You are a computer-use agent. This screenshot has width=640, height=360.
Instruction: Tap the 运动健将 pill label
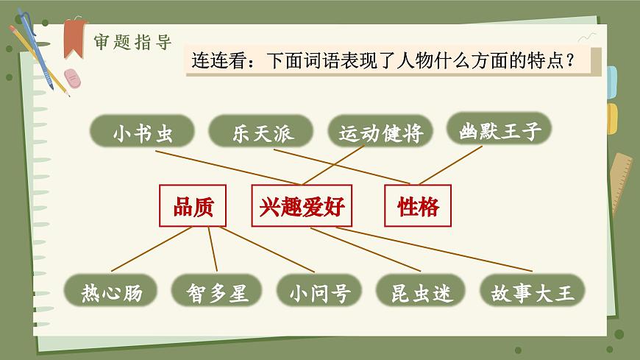(x=380, y=134)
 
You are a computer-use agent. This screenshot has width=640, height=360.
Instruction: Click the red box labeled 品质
(x=193, y=206)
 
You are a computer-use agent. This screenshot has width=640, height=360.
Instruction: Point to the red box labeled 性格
(x=418, y=206)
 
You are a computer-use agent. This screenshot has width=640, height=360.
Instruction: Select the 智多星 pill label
(x=218, y=293)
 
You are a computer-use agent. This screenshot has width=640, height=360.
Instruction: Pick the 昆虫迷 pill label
(x=421, y=293)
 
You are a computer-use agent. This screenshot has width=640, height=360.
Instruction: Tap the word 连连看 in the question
(x=218, y=61)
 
